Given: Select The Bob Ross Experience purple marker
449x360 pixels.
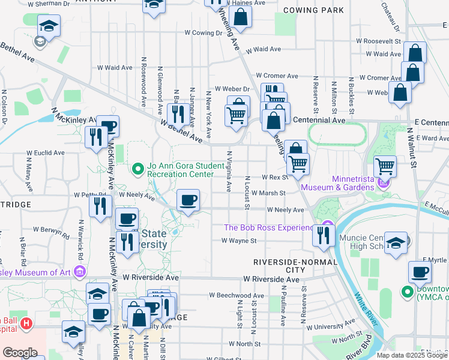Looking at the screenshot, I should (x=327, y=227).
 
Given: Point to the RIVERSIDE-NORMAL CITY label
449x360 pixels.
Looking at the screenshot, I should (x=283, y=266).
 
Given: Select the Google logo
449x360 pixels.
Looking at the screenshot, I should (x=20, y=353).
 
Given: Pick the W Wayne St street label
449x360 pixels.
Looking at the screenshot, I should (x=239, y=241).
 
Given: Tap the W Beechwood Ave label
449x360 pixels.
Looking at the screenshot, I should (x=237, y=296).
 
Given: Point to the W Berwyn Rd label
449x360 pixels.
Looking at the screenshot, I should (x=53, y=229).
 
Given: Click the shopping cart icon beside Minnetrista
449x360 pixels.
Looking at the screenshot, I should (x=384, y=166).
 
